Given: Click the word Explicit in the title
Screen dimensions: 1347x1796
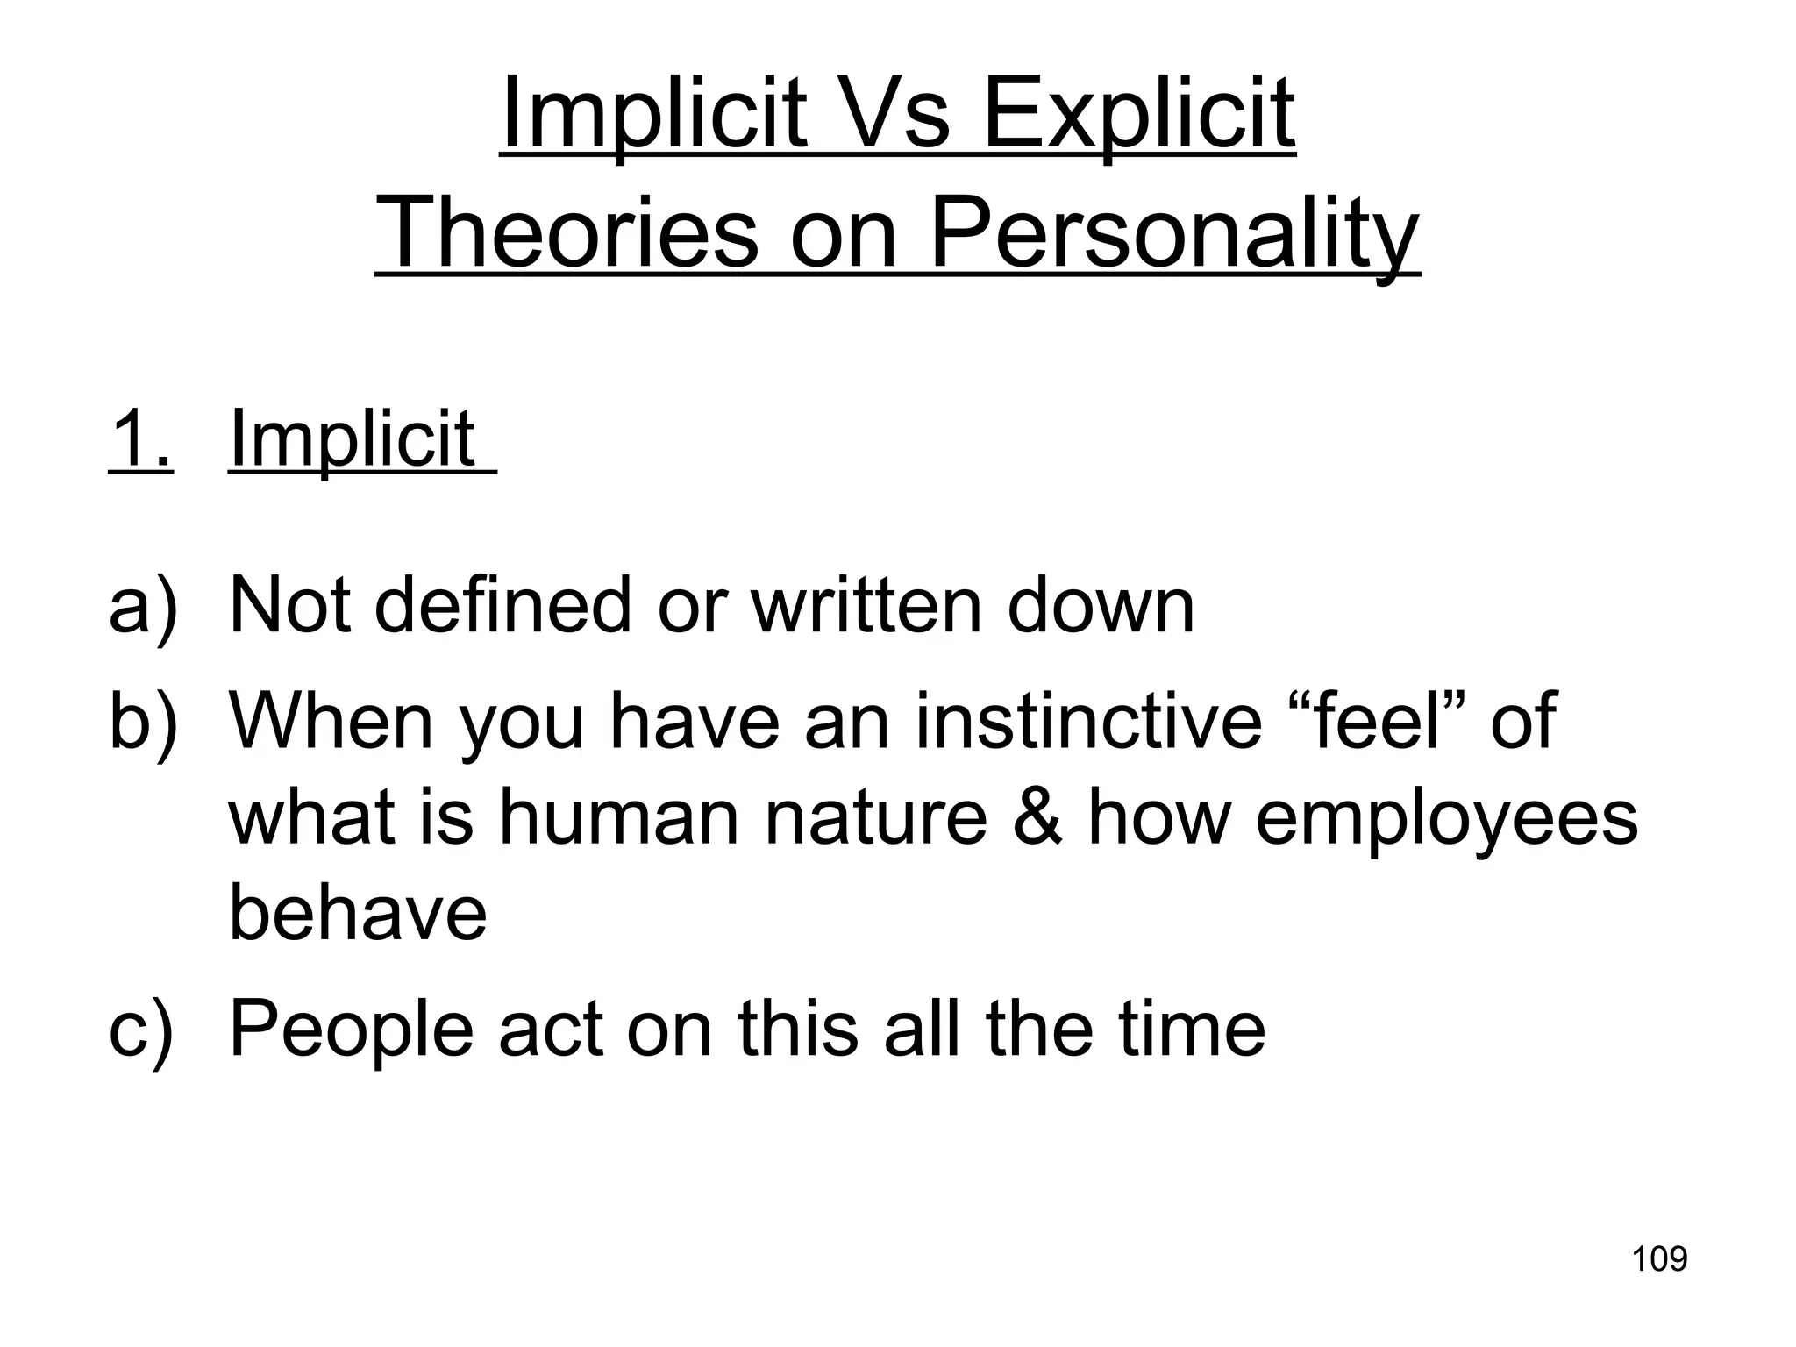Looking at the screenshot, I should click(x=1138, y=114).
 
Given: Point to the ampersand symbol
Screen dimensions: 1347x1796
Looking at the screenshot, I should click(x=1037, y=817).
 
